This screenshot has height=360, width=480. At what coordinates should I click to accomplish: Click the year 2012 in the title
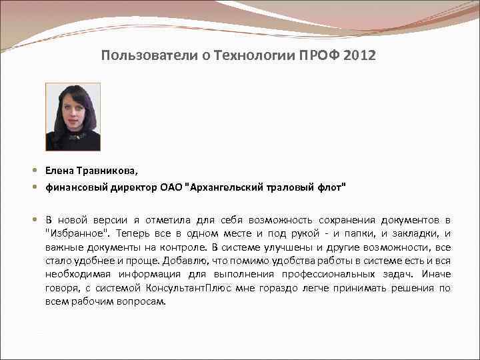361,55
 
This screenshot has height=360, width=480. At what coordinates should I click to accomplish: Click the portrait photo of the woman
73,117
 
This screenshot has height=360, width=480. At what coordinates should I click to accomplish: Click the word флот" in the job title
331,188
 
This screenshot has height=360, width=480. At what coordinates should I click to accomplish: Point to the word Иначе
435,274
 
